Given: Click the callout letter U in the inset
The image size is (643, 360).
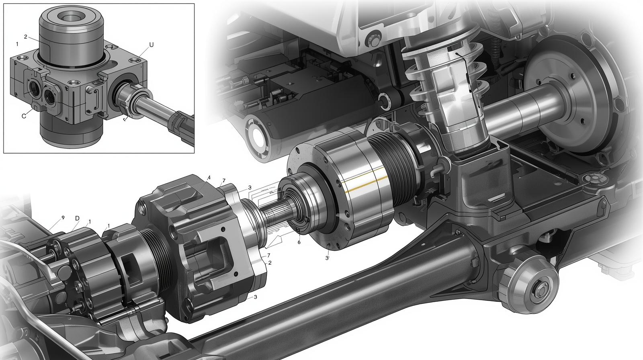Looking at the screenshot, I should pyautogui.click(x=151, y=45).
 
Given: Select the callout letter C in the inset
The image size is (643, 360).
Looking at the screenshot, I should pyautogui.click(x=24, y=116).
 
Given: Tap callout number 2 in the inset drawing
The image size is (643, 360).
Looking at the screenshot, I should pyautogui.click(x=25, y=37).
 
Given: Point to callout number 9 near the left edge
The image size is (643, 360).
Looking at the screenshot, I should pyautogui.click(x=63, y=217).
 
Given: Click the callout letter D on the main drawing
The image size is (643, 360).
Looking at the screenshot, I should pyautogui.click(x=77, y=218).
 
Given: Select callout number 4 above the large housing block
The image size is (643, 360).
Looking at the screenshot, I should pyautogui.click(x=209, y=178).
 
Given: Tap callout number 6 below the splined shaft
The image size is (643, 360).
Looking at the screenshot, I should pyautogui.click(x=299, y=242).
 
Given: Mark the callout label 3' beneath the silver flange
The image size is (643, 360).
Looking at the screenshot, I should pyautogui.click(x=327, y=258).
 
